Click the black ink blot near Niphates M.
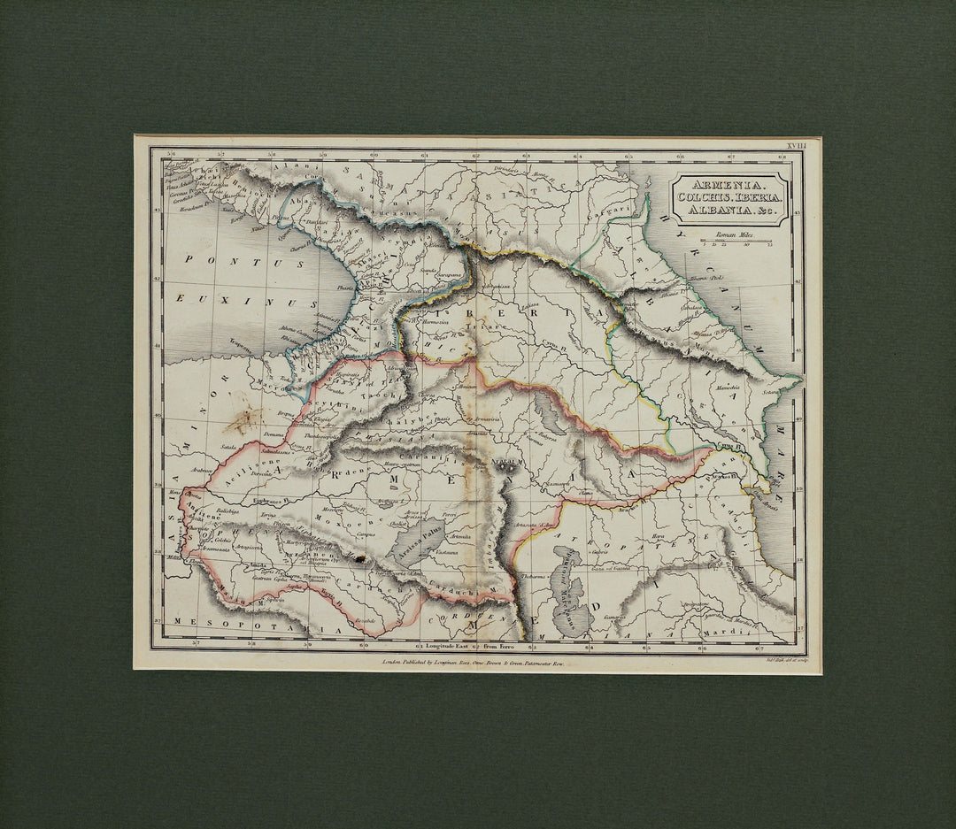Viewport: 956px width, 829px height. pyautogui.click(x=358, y=558)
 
